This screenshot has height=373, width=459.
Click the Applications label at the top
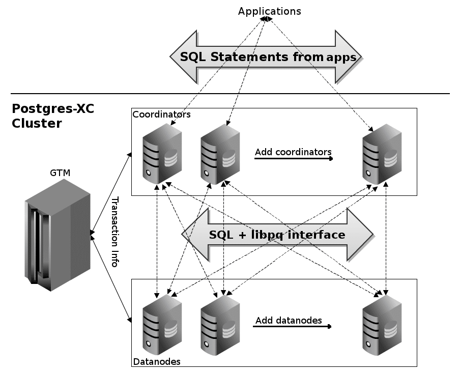point(269,11)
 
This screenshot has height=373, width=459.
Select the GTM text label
point(60,173)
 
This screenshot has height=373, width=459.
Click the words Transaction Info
point(115,232)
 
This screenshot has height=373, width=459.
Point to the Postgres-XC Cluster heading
point(52,116)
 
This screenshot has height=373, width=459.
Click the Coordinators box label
point(161,114)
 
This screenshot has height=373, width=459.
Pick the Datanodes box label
point(156,362)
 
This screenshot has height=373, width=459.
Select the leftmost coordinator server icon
point(162,153)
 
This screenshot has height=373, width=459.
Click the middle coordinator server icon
point(220,153)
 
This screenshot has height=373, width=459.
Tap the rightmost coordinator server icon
point(382,153)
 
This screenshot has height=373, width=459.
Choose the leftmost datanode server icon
point(162,324)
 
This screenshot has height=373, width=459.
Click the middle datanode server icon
point(220,324)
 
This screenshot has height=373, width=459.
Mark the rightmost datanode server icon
point(382,324)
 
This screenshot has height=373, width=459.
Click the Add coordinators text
point(293,152)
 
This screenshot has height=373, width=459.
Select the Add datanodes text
point(289,320)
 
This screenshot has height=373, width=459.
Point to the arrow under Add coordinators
point(294,159)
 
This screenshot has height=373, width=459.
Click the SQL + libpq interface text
point(277,235)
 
